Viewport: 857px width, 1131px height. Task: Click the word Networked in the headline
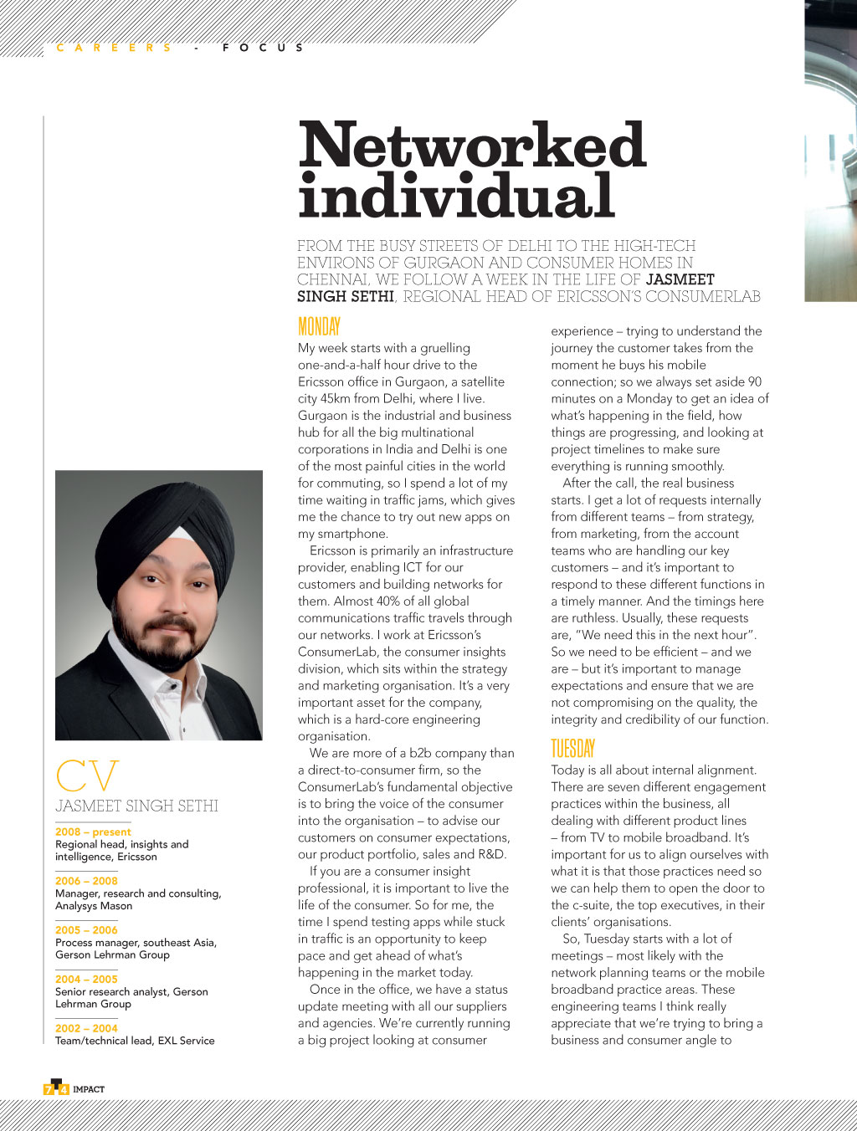click(x=472, y=146)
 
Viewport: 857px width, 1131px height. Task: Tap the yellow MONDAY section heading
click(x=319, y=326)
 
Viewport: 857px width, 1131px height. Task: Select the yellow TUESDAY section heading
click(x=572, y=749)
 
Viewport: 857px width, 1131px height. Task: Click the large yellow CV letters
click(x=87, y=776)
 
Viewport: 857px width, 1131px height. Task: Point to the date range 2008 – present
click(x=93, y=832)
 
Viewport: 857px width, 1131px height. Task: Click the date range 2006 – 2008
click(x=86, y=881)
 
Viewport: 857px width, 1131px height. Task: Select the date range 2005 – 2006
click(x=86, y=930)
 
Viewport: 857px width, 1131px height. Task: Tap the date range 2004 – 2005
click(x=86, y=979)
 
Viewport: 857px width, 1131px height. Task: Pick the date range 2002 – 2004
click(x=86, y=1028)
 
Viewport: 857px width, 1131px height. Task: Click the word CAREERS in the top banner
click(x=114, y=48)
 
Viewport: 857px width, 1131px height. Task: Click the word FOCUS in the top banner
click(x=263, y=48)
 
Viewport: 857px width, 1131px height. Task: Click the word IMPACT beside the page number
click(x=89, y=1089)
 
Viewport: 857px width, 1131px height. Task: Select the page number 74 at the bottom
click(x=56, y=1088)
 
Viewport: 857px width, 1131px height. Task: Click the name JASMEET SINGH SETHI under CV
click(x=136, y=806)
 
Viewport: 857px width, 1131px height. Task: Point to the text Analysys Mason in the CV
click(x=94, y=906)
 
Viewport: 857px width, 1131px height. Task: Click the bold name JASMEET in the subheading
click(x=680, y=279)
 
